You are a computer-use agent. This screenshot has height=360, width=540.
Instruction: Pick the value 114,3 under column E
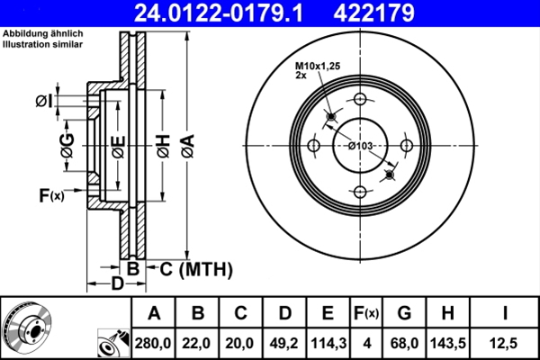[x=327, y=343]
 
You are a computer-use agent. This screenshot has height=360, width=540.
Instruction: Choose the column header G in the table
[x=404, y=314]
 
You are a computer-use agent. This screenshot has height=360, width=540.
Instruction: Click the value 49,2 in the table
[x=283, y=343]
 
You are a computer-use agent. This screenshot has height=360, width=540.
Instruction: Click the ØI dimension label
[x=43, y=100]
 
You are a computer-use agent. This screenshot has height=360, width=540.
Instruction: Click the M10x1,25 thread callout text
[x=319, y=66]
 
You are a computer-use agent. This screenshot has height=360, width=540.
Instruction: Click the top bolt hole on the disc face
[x=360, y=100]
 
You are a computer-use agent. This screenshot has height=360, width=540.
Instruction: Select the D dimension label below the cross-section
[x=117, y=284]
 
